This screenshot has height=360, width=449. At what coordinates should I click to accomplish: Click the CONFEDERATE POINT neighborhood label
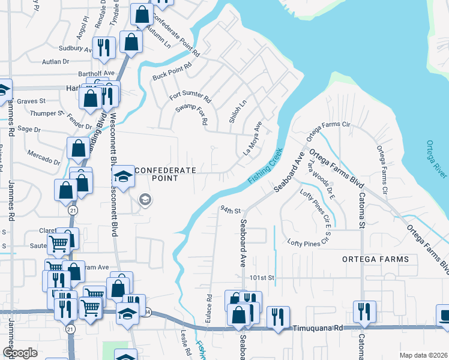166,174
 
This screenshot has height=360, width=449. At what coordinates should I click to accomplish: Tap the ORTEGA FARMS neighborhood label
375,259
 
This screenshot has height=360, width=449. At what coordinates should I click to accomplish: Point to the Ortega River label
436,160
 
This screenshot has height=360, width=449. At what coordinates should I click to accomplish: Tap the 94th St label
230,211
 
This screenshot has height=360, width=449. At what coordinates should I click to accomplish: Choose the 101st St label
262,278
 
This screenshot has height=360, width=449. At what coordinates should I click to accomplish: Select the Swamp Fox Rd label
191,113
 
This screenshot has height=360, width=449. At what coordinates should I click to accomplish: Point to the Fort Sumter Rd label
190,96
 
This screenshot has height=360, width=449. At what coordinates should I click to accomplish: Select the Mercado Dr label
44,157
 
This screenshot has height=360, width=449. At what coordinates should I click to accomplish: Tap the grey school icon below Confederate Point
145,199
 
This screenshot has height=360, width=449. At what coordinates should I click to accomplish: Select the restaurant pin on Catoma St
364,311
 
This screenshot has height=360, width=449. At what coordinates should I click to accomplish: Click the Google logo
20,353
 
